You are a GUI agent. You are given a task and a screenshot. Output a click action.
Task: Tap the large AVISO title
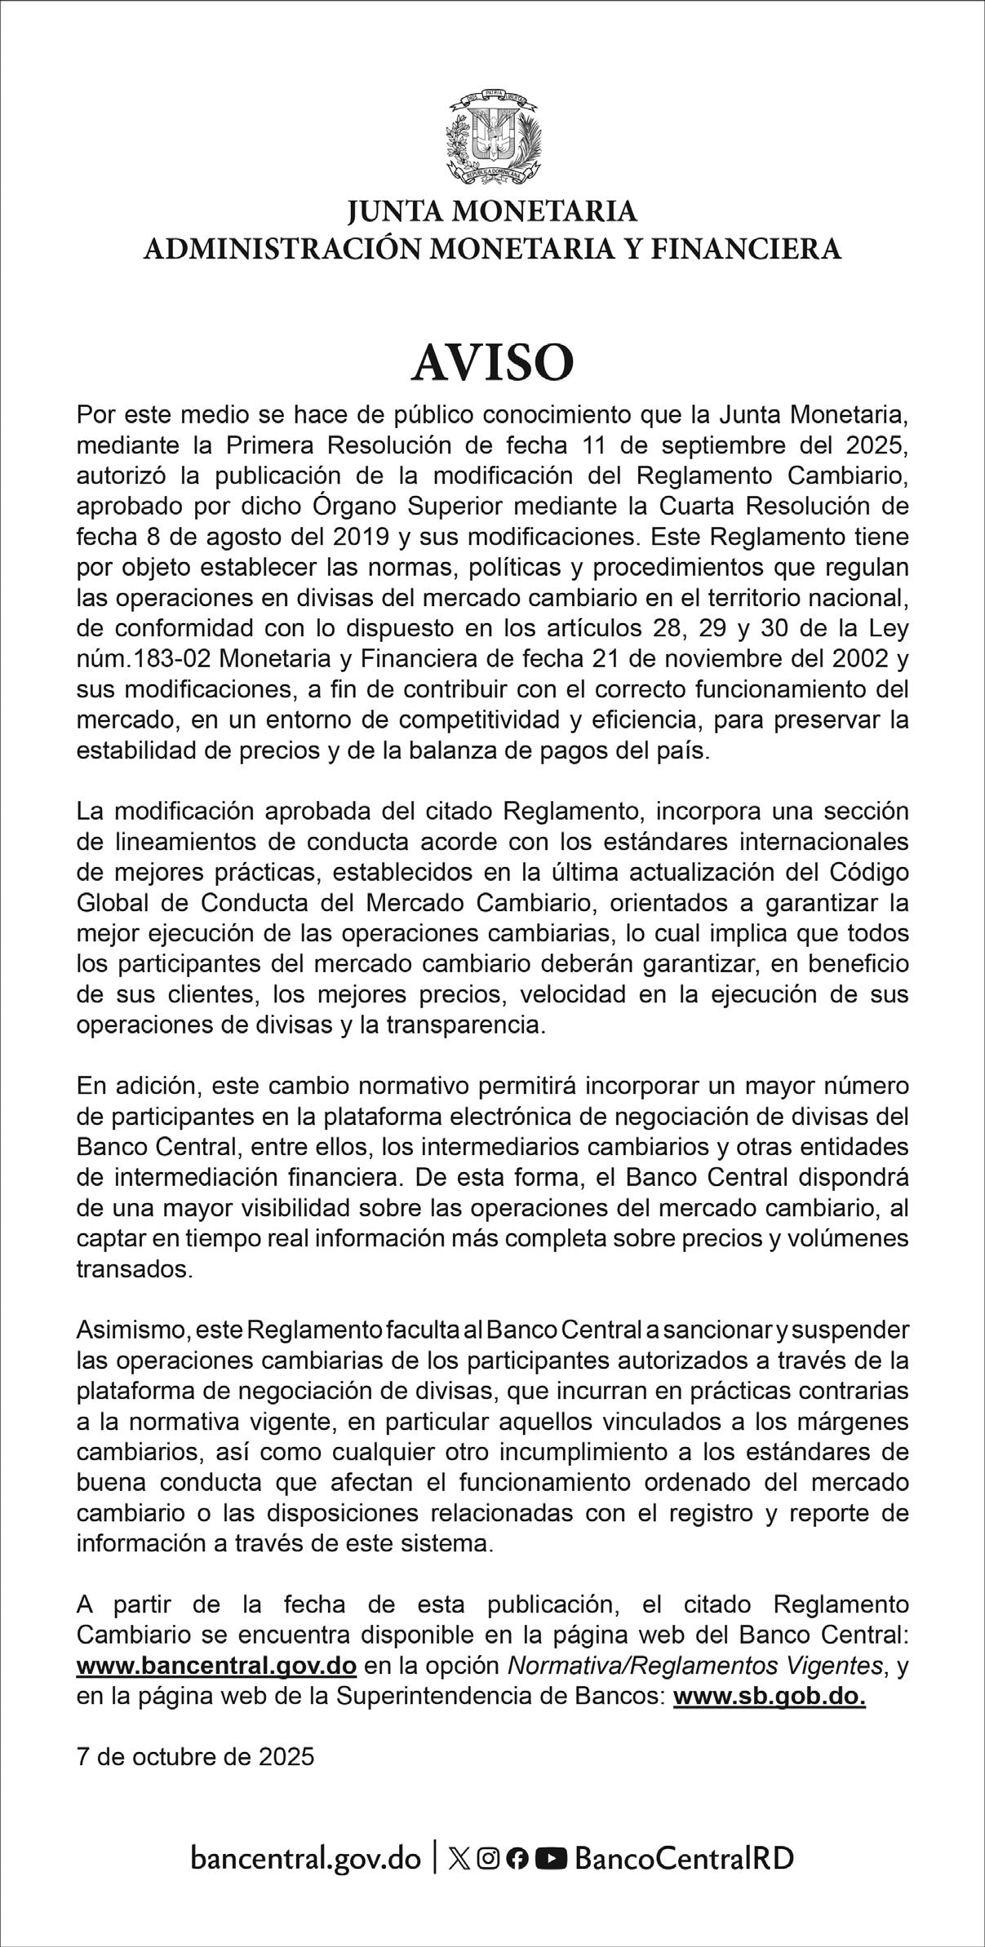[493, 363]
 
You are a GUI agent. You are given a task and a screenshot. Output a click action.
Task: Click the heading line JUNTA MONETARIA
[493, 212]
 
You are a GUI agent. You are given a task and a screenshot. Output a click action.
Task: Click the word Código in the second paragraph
[867, 873]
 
